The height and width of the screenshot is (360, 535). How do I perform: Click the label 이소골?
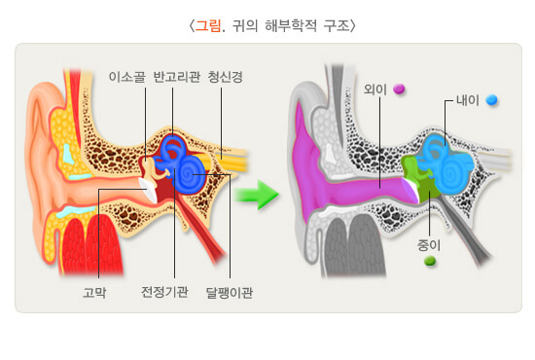point(128,77)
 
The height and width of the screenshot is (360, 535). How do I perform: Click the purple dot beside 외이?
point(399,90)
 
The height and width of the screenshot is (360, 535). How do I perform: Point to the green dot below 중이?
point(429,261)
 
